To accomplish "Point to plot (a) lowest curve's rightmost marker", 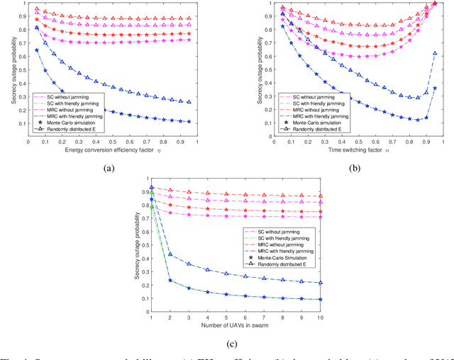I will pos(188,121).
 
